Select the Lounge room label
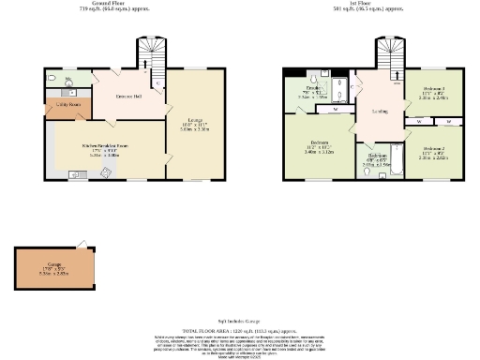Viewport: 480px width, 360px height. [x=194, y=120]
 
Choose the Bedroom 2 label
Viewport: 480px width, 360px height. [x=432, y=149]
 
